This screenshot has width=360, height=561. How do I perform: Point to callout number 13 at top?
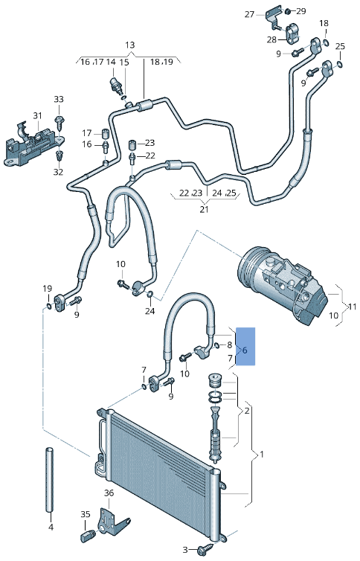130,45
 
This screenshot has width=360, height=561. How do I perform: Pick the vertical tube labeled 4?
51,480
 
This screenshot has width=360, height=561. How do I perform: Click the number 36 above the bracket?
109,493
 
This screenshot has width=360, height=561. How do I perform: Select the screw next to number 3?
202,550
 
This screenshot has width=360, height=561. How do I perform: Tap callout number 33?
59,100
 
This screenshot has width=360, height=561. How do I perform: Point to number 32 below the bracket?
59,172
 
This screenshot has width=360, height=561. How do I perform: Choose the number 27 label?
250,13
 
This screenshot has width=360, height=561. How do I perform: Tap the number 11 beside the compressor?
353,306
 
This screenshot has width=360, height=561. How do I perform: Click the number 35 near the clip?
85,514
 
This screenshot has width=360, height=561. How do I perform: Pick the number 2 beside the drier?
247,410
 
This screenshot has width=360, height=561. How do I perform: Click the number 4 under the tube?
51,528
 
